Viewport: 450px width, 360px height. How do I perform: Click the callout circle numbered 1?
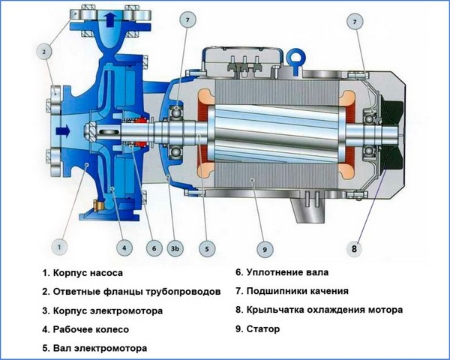[61, 244]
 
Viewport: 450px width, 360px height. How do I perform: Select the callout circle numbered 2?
[45, 51]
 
